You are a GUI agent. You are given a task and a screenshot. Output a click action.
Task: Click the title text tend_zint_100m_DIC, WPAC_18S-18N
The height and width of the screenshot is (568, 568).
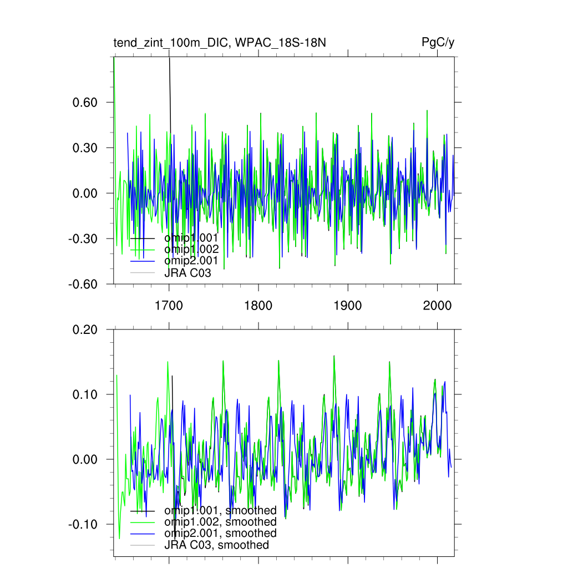pyautogui.click(x=219, y=43)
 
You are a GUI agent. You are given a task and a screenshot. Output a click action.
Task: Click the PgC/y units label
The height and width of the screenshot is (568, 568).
pyautogui.click(x=438, y=43)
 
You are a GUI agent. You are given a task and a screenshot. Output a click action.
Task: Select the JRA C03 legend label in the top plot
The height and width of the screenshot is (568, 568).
pyautogui.click(x=187, y=273)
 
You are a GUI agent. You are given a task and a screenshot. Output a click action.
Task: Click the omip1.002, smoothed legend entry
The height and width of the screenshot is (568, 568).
pyautogui.click(x=220, y=522)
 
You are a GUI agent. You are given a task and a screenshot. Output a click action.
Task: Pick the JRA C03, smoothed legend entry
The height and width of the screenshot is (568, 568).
pyautogui.click(x=216, y=545)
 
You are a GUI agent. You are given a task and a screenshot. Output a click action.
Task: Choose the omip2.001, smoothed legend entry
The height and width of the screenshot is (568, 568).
pyautogui.click(x=220, y=534)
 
